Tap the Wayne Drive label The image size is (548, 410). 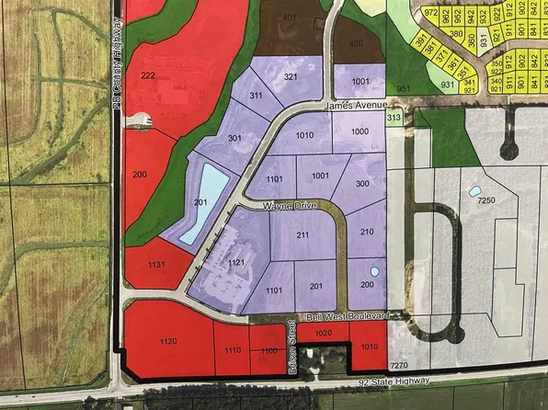click(x=289, y=207)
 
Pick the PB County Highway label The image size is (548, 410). click(x=118, y=65)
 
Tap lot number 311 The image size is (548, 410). click(x=256, y=96)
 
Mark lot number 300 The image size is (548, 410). click(x=362, y=184)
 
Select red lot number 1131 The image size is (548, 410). click(x=154, y=265)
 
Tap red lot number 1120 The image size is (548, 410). click(x=166, y=342)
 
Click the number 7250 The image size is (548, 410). click(x=487, y=199)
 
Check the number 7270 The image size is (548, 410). click(x=399, y=366)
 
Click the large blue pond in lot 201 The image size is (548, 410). click(x=202, y=202)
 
